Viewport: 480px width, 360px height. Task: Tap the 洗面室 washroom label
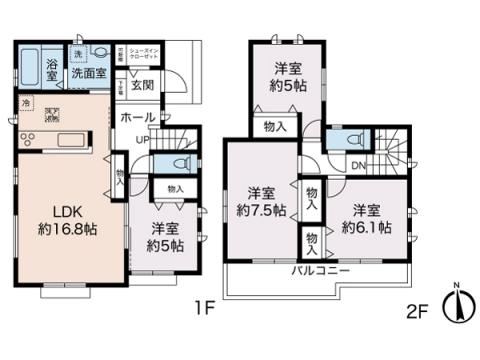click(x=88, y=74)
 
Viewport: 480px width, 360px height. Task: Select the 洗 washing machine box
click(x=77, y=54)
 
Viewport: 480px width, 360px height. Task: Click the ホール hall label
click(x=138, y=118)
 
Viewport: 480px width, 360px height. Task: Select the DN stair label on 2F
click(x=357, y=166)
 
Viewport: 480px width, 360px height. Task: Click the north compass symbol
click(x=458, y=304)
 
